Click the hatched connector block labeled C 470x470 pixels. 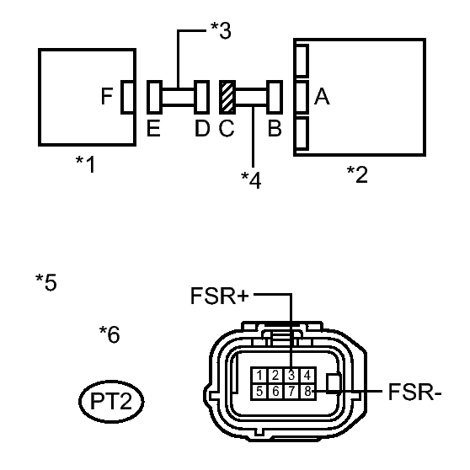pos(227,97)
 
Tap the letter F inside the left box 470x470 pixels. pos(107,96)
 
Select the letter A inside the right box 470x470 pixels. pos(322,97)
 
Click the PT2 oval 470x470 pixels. pos(111,401)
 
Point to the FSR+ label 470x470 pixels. pos(219,296)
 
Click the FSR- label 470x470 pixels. pos(415,392)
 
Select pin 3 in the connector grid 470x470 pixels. pos(291,375)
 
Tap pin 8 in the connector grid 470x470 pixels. pos(307,391)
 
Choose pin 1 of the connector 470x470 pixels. pos(259,375)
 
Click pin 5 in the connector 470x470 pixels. pos(259,391)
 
